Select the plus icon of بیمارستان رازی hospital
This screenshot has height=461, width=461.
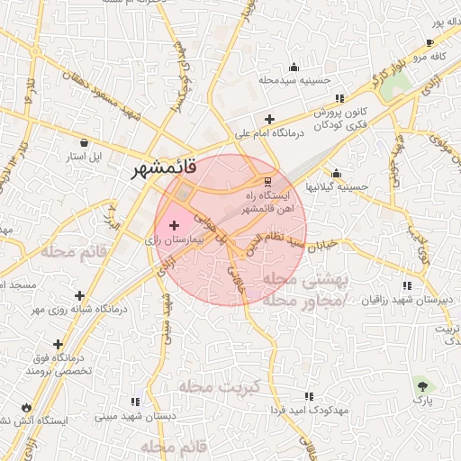tap(174, 222)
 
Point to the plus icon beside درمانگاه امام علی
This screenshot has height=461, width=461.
tap(269, 119)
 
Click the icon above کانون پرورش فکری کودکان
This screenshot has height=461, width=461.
tap(339, 98)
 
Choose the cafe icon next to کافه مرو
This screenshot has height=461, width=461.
tap(429, 43)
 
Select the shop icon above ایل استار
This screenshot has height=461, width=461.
tap(85, 141)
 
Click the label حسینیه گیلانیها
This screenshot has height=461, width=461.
tap(337, 186)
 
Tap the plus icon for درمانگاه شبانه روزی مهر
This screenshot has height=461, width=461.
tap(80, 294)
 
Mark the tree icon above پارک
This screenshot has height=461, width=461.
tap(421, 384)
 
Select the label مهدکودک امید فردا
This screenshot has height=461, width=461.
tap(309, 410)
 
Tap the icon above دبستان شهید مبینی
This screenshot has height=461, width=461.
tap(135, 402)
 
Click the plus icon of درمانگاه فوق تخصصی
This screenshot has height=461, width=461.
tap(59, 344)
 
